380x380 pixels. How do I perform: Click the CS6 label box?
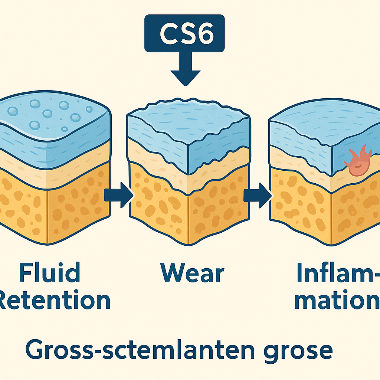(x=184, y=33)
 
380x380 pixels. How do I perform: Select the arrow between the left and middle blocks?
(x=118, y=194)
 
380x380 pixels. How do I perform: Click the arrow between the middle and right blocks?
(x=258, y=194)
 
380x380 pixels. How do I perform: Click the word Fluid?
(x=49, y=272)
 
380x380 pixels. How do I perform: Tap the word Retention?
(x=54, y=301)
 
